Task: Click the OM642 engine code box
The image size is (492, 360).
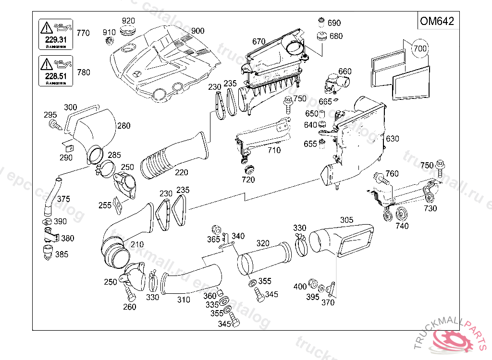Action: [436, 22]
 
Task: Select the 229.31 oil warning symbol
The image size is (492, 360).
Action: [55, 34]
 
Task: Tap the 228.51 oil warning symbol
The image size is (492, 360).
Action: [55, 71]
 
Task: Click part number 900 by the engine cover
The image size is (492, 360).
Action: [197, 31]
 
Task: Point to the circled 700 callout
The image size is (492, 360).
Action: [420, 48]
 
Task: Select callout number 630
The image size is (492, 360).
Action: [392, 139]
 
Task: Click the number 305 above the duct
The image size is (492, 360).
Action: [346, 220]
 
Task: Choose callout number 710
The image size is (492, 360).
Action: [274, 150]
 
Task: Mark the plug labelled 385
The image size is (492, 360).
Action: [47, 252]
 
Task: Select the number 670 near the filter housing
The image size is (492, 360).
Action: [258, 41]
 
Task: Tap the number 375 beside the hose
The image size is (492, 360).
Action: [63, 199]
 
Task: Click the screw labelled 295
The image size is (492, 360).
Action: [54, 125]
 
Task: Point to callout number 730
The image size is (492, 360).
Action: [430, 208]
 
